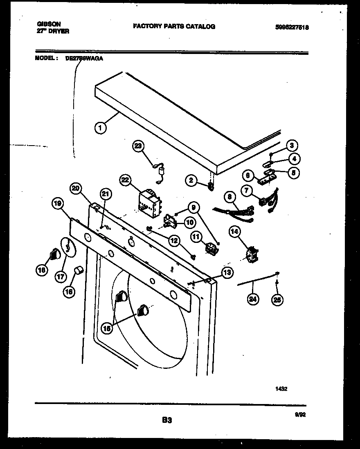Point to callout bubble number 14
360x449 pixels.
[x=235, y=233]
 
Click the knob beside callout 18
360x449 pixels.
[x=54, y=254]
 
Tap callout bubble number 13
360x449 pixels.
[x=227, y=272]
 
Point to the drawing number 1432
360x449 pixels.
[x=281, y=389]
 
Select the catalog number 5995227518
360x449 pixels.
[x=292, y=27]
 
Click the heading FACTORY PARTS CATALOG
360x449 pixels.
[x=174, y=26]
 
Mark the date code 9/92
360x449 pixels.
[x=300, y=414]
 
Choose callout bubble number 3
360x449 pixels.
[x=291, y=145]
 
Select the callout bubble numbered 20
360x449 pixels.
[x=76, y=189]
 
